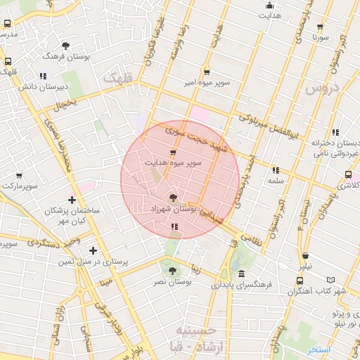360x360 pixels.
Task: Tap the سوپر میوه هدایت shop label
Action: click(173, 162)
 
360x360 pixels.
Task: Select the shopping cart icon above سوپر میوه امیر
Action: click(207, 72)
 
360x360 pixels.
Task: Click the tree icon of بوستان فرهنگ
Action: click(66, 45)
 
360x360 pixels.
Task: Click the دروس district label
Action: click(322, 88)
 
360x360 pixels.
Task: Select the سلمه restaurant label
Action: click(275, 180)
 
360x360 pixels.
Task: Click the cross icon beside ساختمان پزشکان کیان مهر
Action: click(72, 200)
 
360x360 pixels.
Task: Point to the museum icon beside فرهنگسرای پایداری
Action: click(241, 273)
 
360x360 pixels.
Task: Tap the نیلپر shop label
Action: click(305, 267)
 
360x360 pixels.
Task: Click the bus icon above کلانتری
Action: click(348, 175)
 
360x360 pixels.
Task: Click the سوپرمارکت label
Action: click(19, 186)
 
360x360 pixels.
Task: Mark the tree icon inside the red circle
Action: click(173, 198)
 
